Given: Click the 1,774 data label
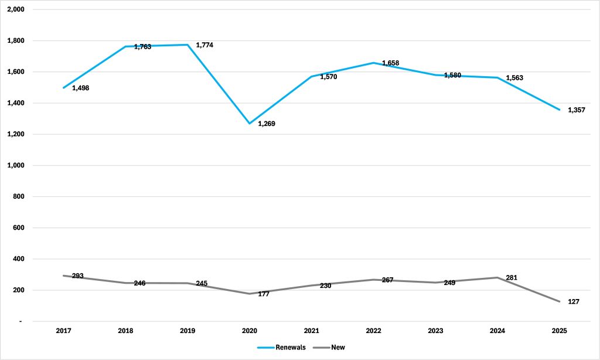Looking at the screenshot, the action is tap(204, 45).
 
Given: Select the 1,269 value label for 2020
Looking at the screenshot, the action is tap(267, 124).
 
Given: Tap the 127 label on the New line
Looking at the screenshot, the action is tap(574, 302).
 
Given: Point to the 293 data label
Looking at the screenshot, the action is tap(78, 276).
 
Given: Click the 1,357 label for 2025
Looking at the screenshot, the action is tap(577, 110).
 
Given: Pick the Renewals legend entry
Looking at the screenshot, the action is tap(282, 347).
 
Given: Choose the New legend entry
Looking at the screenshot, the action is tap(329, 347).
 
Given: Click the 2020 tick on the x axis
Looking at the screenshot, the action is tap(250, 331).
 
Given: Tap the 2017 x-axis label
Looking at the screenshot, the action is tap(63, 331).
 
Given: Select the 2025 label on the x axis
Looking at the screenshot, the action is tap(560, 331).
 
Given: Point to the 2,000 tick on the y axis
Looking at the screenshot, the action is tap(16, 9).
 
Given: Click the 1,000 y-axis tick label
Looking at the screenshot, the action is tap(16, 165).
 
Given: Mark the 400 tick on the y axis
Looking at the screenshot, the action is tap(18, 259).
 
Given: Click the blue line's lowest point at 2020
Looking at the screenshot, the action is tap(250, 123).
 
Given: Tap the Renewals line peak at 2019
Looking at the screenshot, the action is tap(187, 45).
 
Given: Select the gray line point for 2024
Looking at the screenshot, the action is tap(497, 278).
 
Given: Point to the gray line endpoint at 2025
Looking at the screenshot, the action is tap(560, 301).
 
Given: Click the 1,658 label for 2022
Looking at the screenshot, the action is tap(390, 63).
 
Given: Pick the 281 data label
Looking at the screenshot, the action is tap(512, 278).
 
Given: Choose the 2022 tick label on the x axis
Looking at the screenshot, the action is tap(373, 331).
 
